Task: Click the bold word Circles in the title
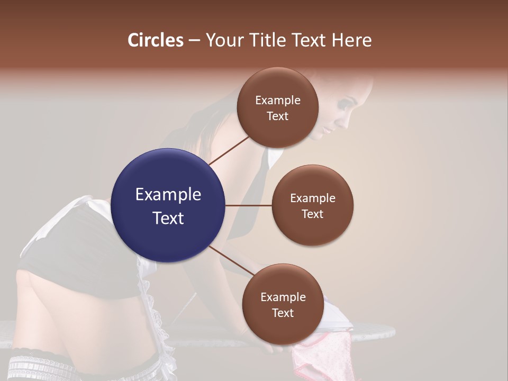click(x=156, y=40)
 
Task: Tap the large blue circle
click(x=168, y=205)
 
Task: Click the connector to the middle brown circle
click(x=249, y=205)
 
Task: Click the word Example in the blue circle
click(x=168, y=195)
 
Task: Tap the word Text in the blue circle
click(x=168, y=218)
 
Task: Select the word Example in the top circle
click(x=278, y=101)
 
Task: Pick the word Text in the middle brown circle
click(x=312, y=214)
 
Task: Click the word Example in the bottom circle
click(x=283, y=297)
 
